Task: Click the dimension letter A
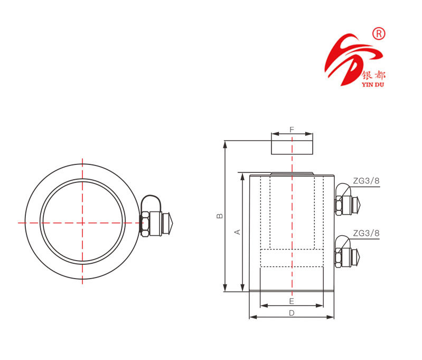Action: coord(238,232)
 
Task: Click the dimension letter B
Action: coord(221,216)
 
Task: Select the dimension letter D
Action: coord(292,313)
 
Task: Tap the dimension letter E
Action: coord(292,301)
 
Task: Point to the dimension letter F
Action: coord(292,129)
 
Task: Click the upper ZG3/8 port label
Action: coord(366,181)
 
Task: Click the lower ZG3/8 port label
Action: coord(366,233)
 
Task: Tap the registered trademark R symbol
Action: coord(379,34)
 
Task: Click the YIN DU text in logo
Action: coord(374,82)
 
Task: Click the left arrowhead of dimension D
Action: coord(251,317)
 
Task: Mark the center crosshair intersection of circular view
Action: coord(82,223)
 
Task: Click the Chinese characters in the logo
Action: coord(374,74)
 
